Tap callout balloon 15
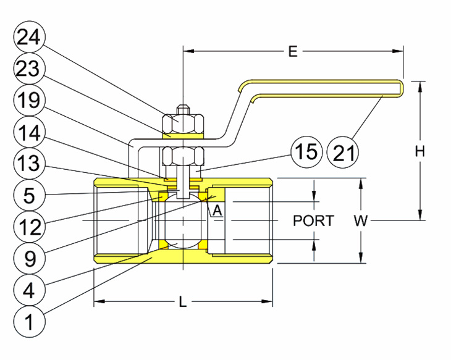(307, 151)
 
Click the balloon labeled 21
(343, 151)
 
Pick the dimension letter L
(183, 302)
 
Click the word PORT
(313, 220)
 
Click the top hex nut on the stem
(183, 123)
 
